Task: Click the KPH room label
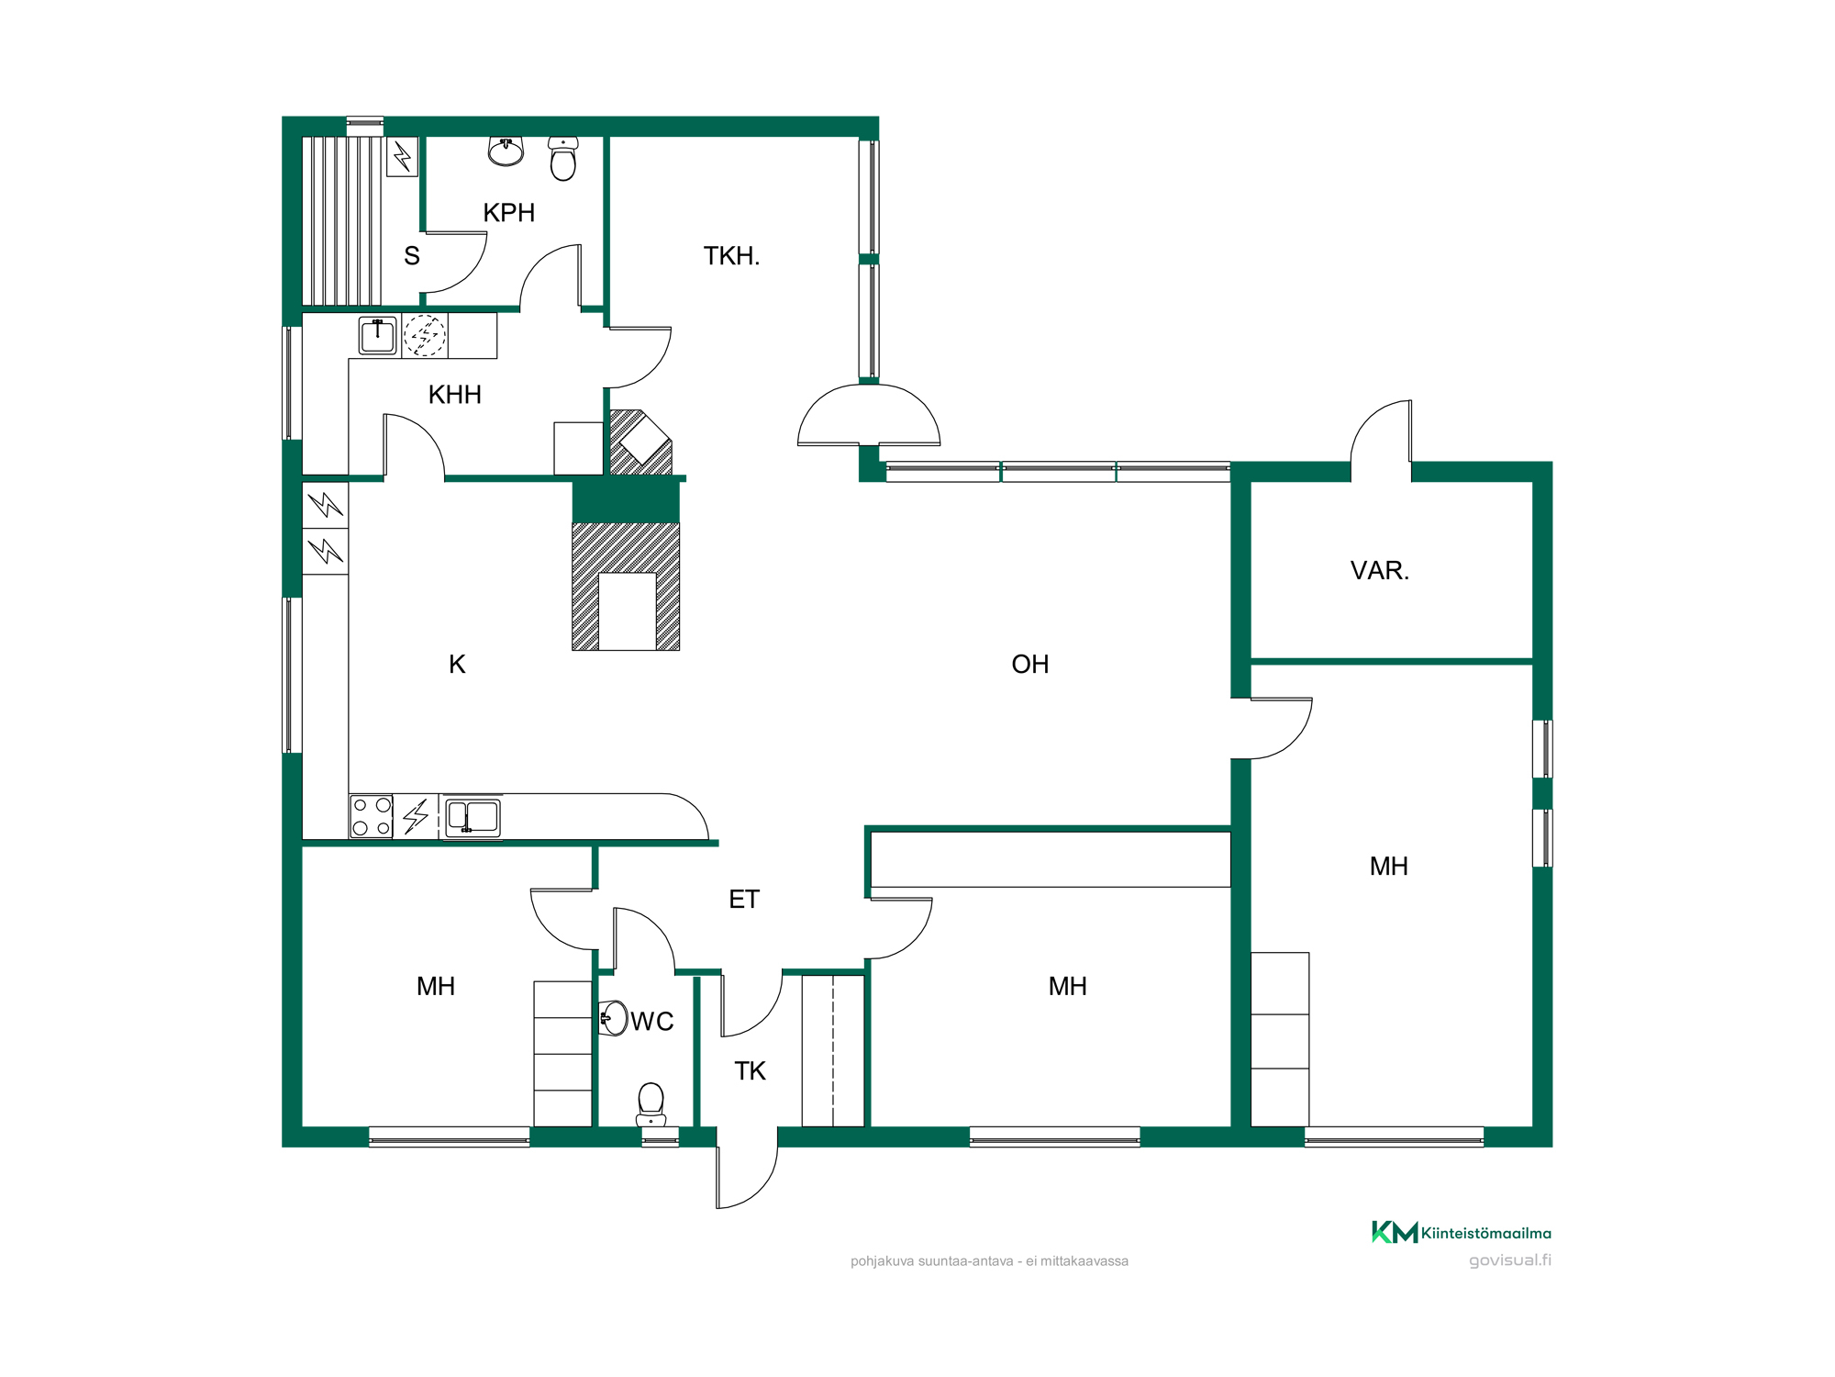[509, 213]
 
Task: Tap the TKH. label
[731, 256]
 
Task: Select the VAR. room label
[1379, 571]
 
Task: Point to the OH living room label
[1029, 665]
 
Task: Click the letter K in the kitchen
[457, 665]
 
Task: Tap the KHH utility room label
[455, 395]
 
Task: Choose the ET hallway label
[744, 900]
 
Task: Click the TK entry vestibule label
[750, 1071]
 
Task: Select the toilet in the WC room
[651, 1104]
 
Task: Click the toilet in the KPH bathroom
[563, 158]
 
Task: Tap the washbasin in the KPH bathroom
[506, 151]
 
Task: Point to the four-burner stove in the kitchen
[372, 816]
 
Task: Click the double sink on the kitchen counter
[473, 816]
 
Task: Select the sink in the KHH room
[378, 336]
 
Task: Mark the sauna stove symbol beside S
[403, 157]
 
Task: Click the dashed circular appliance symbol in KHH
[425, 336]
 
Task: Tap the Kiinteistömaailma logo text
[1486, 1234]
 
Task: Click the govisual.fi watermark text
[1510, 1260]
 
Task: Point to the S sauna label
[412, 256]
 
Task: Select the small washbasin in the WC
[613, 1018]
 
